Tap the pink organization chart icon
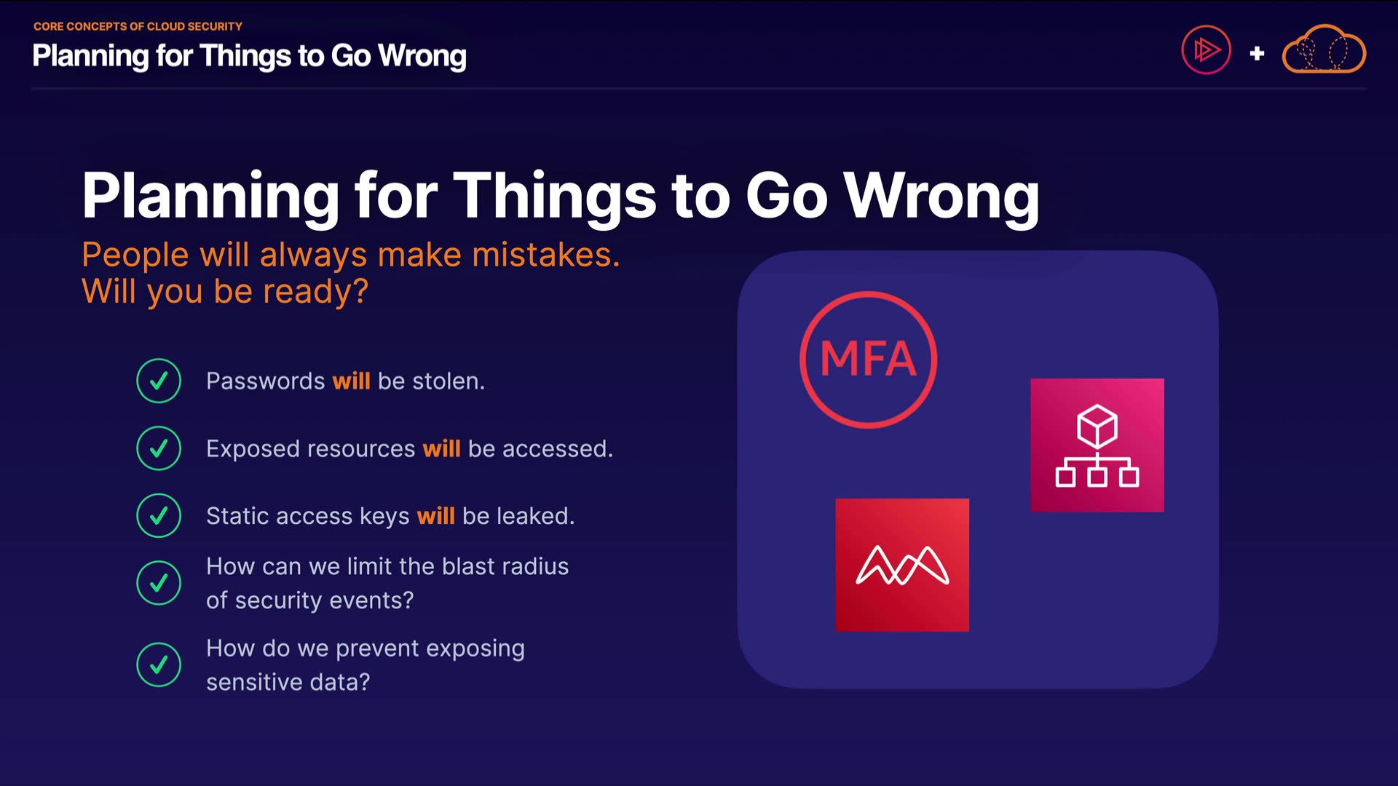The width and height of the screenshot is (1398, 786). [1097, 445]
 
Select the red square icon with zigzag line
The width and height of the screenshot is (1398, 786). [902, 565]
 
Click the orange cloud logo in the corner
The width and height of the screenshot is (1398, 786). [1324, 49]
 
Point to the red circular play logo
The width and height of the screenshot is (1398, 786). [1206, 49]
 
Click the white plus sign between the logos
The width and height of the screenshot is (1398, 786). [1257, 53]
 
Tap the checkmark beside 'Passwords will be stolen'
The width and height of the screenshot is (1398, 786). [159, 381]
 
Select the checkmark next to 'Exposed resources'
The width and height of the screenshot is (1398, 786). [159, 448]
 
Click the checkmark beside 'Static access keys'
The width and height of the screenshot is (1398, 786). [159, 515]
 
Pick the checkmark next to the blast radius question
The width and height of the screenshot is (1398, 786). [159, 583]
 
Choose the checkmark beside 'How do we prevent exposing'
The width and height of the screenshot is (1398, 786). [159, 664]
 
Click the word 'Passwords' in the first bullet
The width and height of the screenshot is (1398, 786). [266, 381]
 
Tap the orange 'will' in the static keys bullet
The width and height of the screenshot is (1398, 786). [435, 516]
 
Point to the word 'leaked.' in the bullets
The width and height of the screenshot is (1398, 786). [536, 516]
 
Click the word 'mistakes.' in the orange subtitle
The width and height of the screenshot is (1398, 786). [546, 255]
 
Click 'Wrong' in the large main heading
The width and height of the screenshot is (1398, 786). [941, 196]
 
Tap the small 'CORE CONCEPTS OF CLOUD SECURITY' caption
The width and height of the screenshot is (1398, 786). [138, 26]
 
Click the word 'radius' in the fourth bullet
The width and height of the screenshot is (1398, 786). [534, 566]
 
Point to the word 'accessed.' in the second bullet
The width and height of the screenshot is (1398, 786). [558, 449]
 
